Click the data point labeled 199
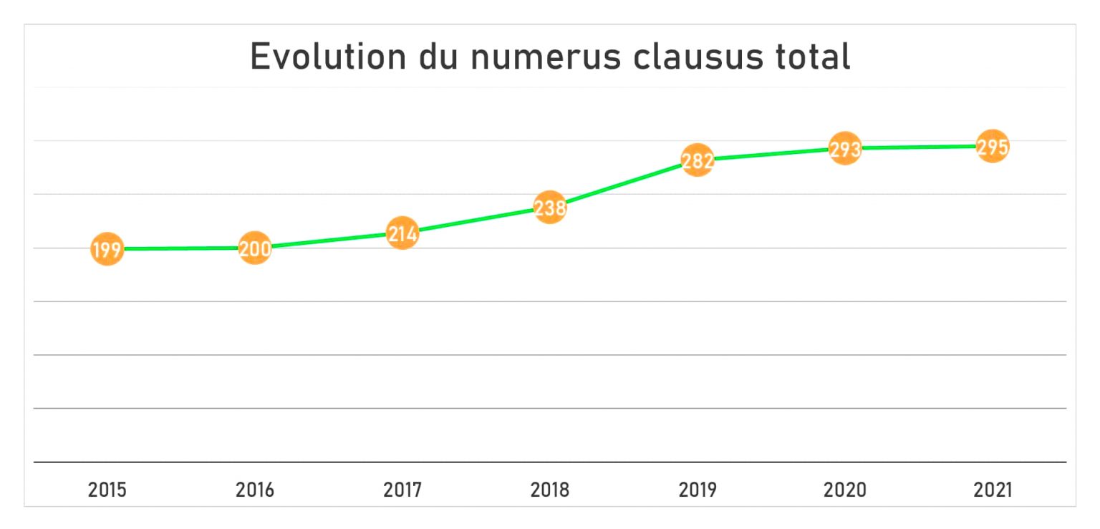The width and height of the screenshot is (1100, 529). [107, 249]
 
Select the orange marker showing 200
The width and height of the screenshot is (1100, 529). [255, 248]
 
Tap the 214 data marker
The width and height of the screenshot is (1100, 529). [402, 233]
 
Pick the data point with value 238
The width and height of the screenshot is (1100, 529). [550, 208]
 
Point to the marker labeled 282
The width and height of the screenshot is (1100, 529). [698, 160]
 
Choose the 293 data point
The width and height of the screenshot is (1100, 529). [845, 149]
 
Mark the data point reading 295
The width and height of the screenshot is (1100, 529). [993, 147]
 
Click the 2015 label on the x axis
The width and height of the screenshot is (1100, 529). [107, 490]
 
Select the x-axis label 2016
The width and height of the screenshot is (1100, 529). [255, 490]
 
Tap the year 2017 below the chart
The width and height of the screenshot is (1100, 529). [402, 490]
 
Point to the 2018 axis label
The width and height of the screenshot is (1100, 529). [550, 490]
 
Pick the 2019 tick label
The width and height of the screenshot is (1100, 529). [698, 490]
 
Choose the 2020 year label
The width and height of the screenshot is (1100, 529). [845, 490]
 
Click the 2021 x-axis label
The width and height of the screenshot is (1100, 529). [993, 490]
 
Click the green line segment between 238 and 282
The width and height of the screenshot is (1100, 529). [624, 184]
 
